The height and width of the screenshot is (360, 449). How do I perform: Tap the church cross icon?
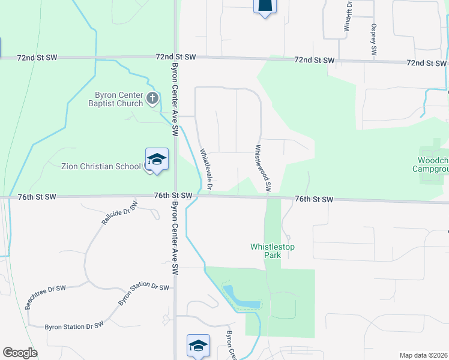click(x=153, y=98)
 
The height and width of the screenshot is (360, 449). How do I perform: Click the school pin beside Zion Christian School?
click(x=157, y=160)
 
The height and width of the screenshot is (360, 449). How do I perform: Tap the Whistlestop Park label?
click(x=273, y=251)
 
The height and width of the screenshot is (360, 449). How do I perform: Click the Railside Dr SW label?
click(x=119, y=213)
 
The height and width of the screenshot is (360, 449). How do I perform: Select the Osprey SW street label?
click(x=373, y=40)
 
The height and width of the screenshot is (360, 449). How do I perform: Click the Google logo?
click(x=20, y=353)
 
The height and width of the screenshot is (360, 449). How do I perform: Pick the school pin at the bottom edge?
click(x=198, y=346)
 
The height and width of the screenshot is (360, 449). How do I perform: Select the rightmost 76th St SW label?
click(x=314, y=199)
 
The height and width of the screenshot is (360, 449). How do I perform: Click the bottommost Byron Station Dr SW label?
click(x=74, y=326)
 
